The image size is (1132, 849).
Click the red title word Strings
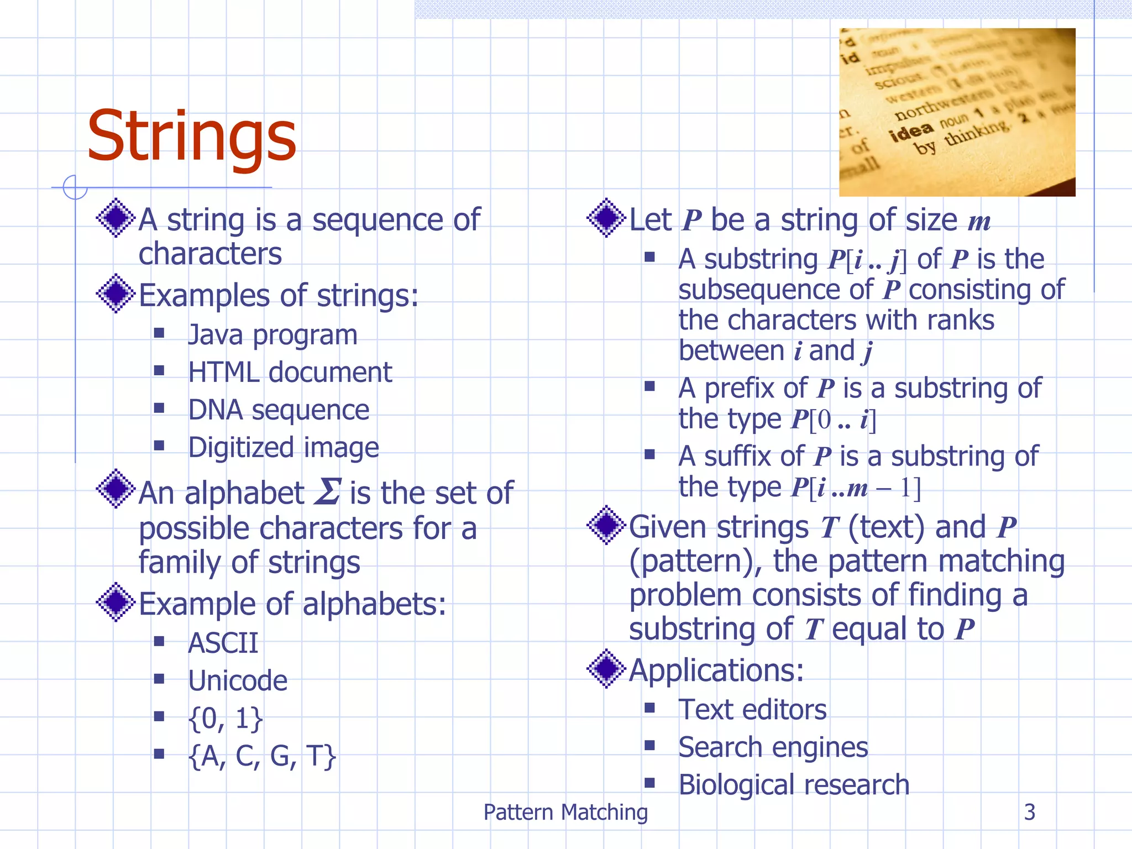(191, 137)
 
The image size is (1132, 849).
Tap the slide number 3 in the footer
(1029, 812)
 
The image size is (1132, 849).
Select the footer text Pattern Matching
(565, 813)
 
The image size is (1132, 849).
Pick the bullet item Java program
(272, 335)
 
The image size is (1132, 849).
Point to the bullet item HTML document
(290, 373)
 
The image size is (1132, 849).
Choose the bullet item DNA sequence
(279, 410)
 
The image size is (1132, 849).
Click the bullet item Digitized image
(284, 448)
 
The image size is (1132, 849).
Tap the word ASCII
(223, 643)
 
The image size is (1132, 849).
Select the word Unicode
(238, 681)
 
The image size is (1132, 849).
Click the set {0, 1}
(226, 719)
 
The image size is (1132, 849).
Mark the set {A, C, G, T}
(262, 756)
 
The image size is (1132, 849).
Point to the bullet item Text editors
(752, 710)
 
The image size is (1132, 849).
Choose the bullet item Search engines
(773, 747)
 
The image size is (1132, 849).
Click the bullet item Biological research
(794, 785)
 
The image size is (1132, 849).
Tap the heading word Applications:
(716, 670)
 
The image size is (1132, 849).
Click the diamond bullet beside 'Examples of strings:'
(116, 294)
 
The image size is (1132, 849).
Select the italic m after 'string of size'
(979, 222)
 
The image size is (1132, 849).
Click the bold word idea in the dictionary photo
(911, 132)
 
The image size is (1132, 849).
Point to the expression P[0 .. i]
(834, 420)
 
